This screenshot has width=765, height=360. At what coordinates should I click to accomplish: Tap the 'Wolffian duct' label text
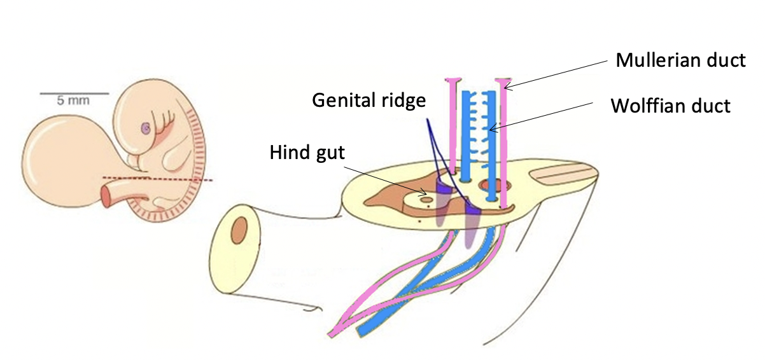click(x=670, y=106)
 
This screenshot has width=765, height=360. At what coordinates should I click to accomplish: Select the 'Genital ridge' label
click(x=369, y=100)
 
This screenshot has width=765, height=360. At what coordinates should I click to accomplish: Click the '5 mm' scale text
click(x=73, y=100)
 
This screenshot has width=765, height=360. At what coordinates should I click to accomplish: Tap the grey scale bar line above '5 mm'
click(x=74, y=93)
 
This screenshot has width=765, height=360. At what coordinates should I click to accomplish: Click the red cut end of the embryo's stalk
click(x=106, y=197)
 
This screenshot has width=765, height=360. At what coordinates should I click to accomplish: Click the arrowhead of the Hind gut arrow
click(x=425, y=191)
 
